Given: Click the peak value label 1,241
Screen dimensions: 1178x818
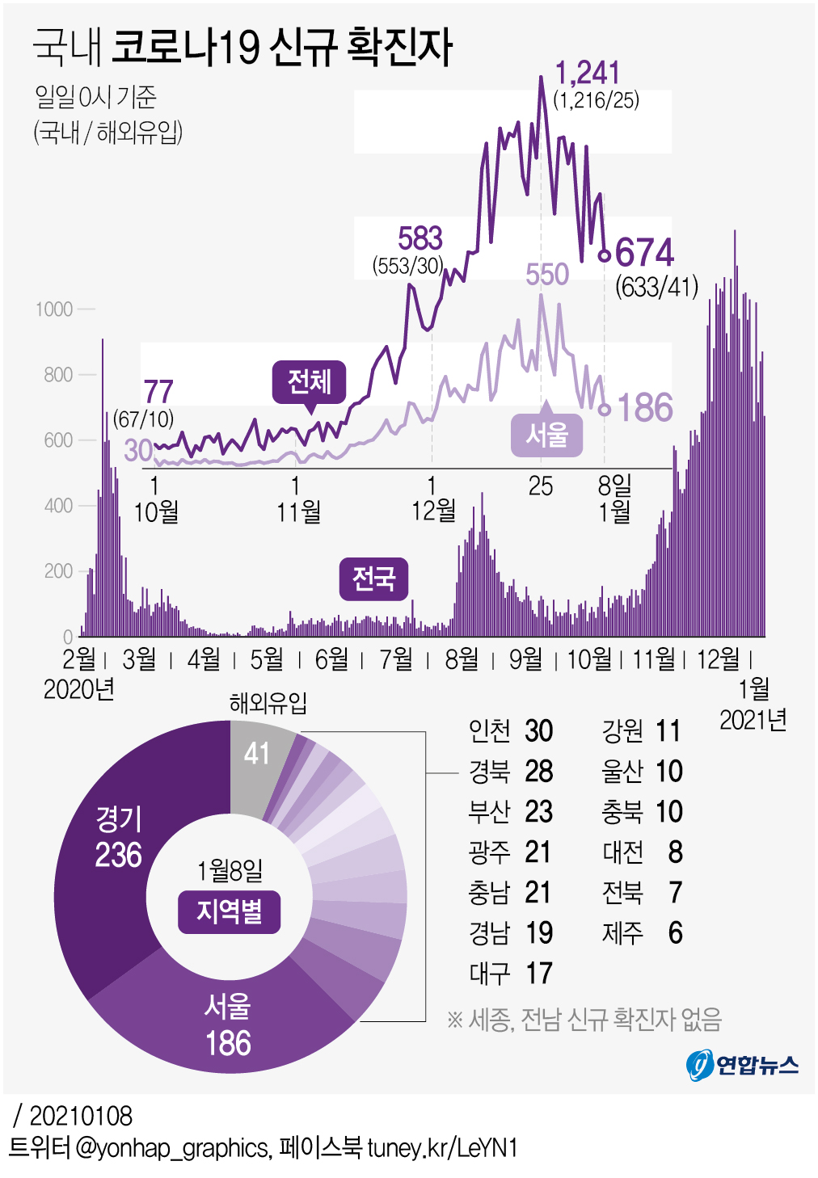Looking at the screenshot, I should tap(588, 73).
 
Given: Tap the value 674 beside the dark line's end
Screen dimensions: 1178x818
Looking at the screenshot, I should tap(644, 253).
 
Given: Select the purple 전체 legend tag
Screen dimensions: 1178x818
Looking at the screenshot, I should tap(309, 381).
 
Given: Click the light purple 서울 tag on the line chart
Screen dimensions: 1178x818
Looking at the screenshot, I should tap(546, 435).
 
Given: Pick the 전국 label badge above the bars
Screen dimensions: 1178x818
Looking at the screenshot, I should tap(373, 578).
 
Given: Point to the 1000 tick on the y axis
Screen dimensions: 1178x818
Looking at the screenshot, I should tap(54, 309).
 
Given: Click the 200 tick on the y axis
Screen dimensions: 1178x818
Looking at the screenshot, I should tap(58, 571).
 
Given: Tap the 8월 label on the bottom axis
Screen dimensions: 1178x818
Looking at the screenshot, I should tap(462, 659).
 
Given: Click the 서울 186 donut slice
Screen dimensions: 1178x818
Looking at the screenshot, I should tap(228, 1026).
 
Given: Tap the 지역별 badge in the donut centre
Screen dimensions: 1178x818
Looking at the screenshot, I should tap(230, 912).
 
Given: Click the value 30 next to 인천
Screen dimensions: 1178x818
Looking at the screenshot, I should tap(538, 731).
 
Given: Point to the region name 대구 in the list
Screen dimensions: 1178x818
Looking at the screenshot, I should tap(490, 974).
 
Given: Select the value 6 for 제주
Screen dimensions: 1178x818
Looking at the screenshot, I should tap(675, 933).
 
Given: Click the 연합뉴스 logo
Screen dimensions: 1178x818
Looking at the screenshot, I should tap(742, 1065).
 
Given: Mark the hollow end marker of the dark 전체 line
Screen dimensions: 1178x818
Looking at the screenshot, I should tap(604, 255).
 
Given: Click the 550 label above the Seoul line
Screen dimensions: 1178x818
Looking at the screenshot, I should tap(547, 275).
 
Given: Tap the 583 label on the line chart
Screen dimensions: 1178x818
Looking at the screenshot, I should tap(420, 238).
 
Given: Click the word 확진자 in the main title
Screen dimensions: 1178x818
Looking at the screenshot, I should tap(399, 47).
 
